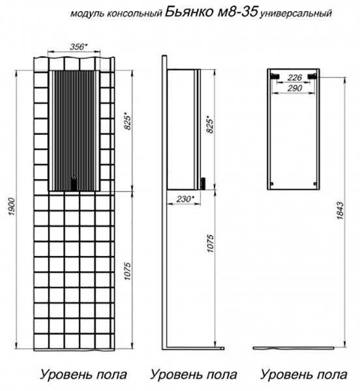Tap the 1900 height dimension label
[12, 207]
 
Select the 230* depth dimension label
[185, 199]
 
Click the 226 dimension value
[295, 78]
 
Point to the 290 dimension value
[295, 88]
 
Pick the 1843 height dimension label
[340, 210]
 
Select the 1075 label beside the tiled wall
[127, 271]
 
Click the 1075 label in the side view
[211, 244]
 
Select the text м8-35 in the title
[237, 12]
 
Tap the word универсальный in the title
[296, 14]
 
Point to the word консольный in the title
[135, 14]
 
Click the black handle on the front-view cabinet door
[74, 184]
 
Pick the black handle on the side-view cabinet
[203, 184]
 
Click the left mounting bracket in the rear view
[275, 76]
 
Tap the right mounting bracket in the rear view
[312, 76]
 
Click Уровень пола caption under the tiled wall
[83, 375]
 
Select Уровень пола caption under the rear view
[304, 375]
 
